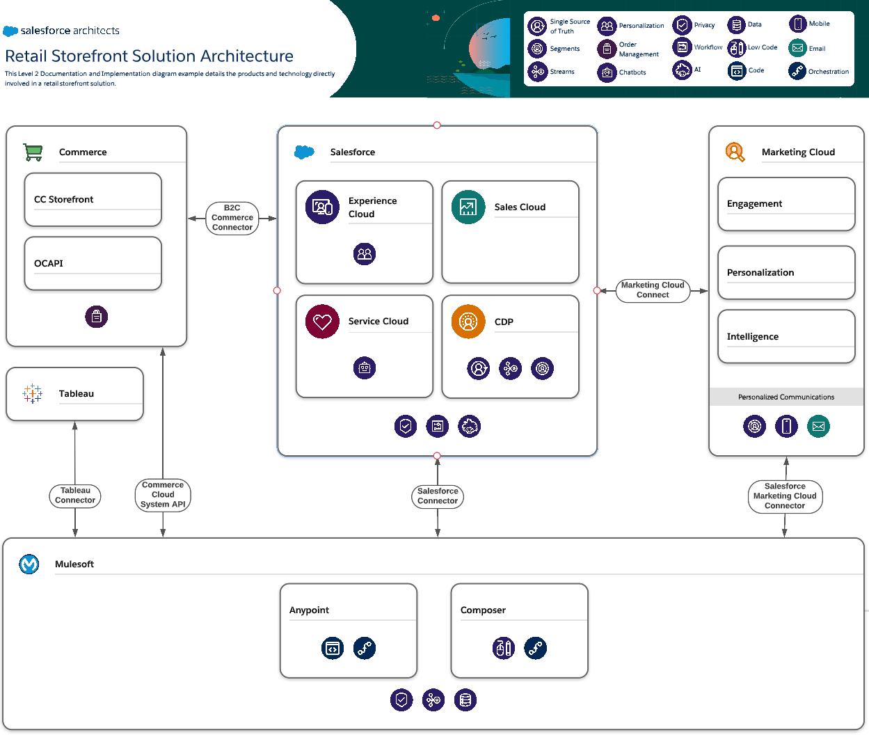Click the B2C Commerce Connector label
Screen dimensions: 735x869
[x=232, y=218]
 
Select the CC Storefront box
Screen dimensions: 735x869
[x=93, y=200]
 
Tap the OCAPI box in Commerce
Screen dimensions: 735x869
[x=93, y=263]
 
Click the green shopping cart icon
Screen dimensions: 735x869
[x=33, y=152]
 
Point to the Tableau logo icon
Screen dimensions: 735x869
[x=32, y=393]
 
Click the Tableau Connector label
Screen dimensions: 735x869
[x=75, y=496]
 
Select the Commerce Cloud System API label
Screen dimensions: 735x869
[x=163, y=495]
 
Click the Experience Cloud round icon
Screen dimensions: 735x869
[x=322, y=207]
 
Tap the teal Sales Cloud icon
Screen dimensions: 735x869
[x=468, y=207]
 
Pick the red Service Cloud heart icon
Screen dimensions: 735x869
[x=322, y=322]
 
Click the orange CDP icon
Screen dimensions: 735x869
[x=468, y=322]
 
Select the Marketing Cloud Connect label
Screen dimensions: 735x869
[x=653, y=290]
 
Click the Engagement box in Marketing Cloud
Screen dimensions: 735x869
[x=786, y=204]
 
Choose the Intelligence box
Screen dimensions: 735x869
[x=786, y=337]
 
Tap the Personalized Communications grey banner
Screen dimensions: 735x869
[x=786, y=397]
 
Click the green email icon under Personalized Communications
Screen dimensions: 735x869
[x=818, y=426]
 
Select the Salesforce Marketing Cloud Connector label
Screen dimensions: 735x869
[x=785, y=496]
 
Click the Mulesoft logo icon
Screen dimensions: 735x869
[x=29, y=564]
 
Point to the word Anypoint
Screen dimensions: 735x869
[x=309, y=610]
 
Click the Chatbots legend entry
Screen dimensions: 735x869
[x=623, y=72]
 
